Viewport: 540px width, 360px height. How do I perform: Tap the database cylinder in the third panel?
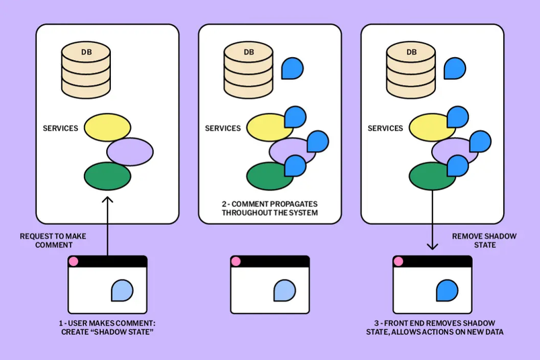click(x=411, y=70)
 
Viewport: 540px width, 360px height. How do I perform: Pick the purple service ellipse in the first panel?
click(x=130, y=151)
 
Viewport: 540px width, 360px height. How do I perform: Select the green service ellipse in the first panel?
click(x=107, y=176)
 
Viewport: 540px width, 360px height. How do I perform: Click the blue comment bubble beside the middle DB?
click(x=291, y=68)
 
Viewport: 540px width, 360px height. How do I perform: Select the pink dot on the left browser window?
click(x=74, y=261)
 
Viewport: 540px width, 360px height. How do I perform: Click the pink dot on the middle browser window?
click(x=236, y=261)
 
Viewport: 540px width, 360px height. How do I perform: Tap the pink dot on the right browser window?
click(x=398, y=261)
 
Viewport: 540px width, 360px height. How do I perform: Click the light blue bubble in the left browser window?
click(x=122, y=291)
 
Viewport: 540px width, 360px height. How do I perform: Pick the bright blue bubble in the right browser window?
click(x=447, y=291)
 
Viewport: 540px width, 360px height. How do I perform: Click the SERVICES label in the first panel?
click(x=60, y=128)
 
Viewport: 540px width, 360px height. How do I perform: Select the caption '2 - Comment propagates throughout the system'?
click(x=269, y=208)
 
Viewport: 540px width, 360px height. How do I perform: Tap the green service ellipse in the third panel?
click(x=433, y=176)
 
